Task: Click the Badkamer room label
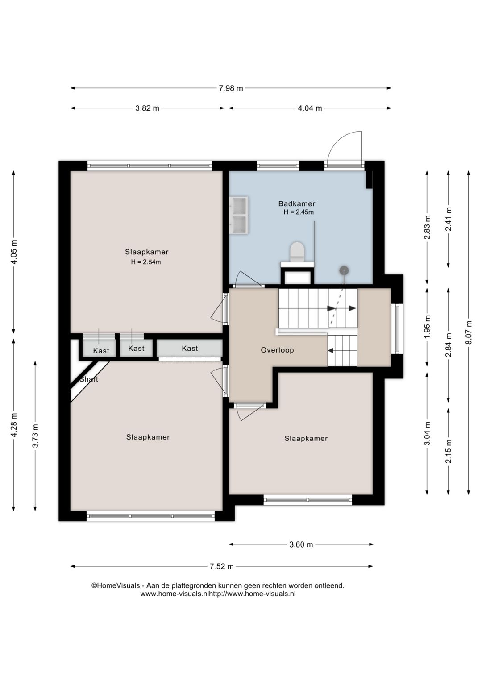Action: point(296,203)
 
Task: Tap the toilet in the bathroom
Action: point(297,252)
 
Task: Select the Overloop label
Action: point(277,350)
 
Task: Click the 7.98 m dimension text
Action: point(231,88)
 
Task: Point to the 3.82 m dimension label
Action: point(147,108)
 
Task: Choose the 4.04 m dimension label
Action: point(310,108)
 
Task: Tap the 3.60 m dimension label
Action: point(301,544)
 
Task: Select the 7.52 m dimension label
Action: point(221,566)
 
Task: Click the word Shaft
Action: point(89,379)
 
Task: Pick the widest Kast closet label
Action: point(190,348)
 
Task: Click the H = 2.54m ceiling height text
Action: point(146,262)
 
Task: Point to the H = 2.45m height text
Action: point(299,212)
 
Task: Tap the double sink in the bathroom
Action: point(240,215)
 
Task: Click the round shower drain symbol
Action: point(344,270)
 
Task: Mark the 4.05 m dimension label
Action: point(14,252)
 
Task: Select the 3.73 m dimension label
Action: point(35,436)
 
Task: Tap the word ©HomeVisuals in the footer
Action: point(116,585)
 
